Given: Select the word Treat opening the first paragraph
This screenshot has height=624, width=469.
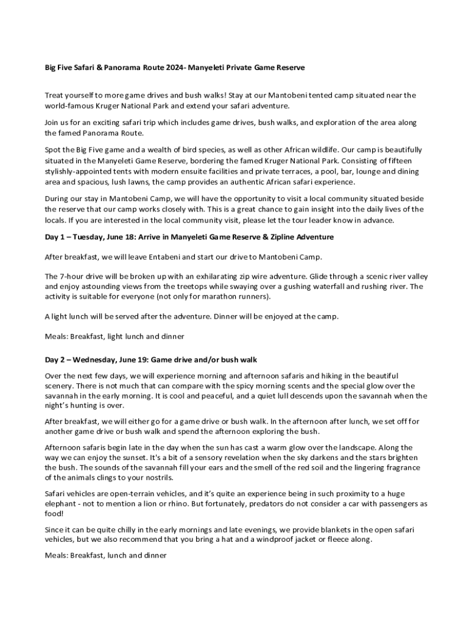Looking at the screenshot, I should pyautogui.click(x=55, y=95).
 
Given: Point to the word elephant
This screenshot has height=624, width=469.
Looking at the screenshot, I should pyautogui.click(x=60, y=504).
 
